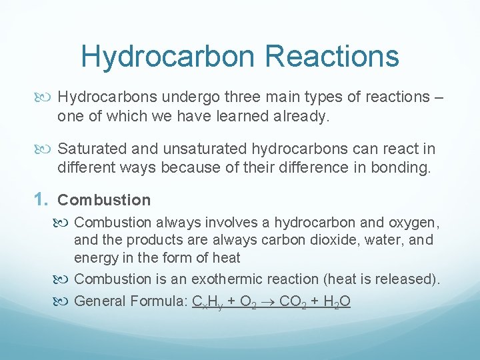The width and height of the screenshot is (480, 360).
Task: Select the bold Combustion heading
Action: (104, 200)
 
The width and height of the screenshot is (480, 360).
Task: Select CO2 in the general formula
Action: (293, 301)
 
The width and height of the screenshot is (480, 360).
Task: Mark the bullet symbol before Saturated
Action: (47, 149)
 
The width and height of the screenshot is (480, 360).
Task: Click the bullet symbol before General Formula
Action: (64, 301)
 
